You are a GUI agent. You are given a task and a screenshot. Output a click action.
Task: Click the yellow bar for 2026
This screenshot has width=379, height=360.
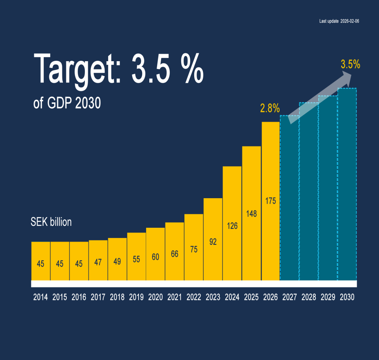pyautogui.click(x=270, y=201)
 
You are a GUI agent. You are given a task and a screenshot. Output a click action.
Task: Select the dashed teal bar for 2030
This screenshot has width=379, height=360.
pyautogui.click(x=347, y=184)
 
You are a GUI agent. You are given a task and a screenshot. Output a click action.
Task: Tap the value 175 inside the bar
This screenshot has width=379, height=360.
pyautogui.click(x=270, y=201)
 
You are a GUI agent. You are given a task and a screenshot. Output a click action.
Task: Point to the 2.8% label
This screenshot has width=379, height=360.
pyautogui.click(x=270, y=108)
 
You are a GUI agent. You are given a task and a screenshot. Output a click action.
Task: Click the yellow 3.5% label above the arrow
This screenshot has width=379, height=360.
pyautogui.click(x=350, y=64)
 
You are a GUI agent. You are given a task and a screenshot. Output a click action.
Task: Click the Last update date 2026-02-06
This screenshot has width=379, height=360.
pyautogui.click(x=349, y=21)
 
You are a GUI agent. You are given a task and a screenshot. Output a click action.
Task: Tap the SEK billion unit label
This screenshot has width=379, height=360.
pyautogui.click(x=51, y=222)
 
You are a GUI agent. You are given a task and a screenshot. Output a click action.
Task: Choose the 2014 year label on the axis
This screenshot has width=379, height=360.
pyautogui.click(x=40, y=297)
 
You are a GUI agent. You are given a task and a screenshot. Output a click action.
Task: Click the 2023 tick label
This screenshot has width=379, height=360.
pyautogui.click(x=213, y=297)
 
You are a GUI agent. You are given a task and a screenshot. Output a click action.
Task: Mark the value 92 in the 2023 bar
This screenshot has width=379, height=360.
pyautogui.click(x=213, y=242)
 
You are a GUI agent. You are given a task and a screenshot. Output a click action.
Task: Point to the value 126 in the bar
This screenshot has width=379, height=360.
pyautogui.click(x=232, y=226)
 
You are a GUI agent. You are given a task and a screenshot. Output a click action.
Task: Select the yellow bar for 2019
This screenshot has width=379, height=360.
pyautogui.click(x=136, y=256)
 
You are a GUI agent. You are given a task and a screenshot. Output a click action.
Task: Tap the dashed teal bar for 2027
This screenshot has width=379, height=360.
pyautogui.click(x=289, y=198)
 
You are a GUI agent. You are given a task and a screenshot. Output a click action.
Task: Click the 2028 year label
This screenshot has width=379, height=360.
pyautogui.click(x=309, y=297)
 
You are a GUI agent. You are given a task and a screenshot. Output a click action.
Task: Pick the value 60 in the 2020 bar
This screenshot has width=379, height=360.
pyautogui.click(x=156, y=257)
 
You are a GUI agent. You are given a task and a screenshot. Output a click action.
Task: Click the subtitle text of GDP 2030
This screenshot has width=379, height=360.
pyautogui.click(x=67, y=103)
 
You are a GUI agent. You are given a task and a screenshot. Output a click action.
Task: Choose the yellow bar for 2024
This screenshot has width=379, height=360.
pyautogui.click(x=232, y=223)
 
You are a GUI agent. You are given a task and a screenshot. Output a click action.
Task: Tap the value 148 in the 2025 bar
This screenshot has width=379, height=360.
pyautogui.click(x=251, y=214)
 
